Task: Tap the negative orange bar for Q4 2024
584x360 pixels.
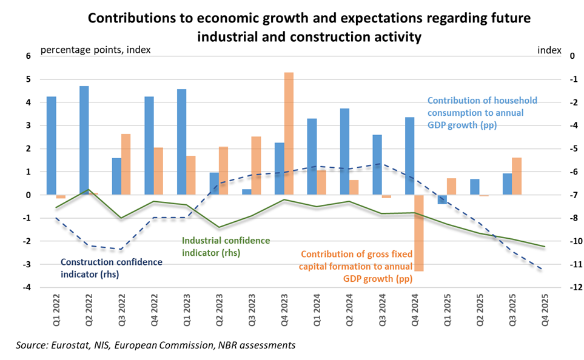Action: [x=419, y=233]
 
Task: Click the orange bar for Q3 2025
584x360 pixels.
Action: [x=517, y=176]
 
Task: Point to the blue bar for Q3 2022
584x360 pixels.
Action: [x=116, y=176]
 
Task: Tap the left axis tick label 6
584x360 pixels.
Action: [x=27, y=56]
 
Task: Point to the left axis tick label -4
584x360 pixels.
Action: [x=26, y=287]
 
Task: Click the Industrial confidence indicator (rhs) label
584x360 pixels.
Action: [x=226, y=246]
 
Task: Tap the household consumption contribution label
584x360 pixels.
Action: [x=482, y=112]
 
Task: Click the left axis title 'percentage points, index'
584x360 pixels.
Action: [x=95, y=50]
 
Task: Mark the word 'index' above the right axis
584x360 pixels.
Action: [x=549, y=50]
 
